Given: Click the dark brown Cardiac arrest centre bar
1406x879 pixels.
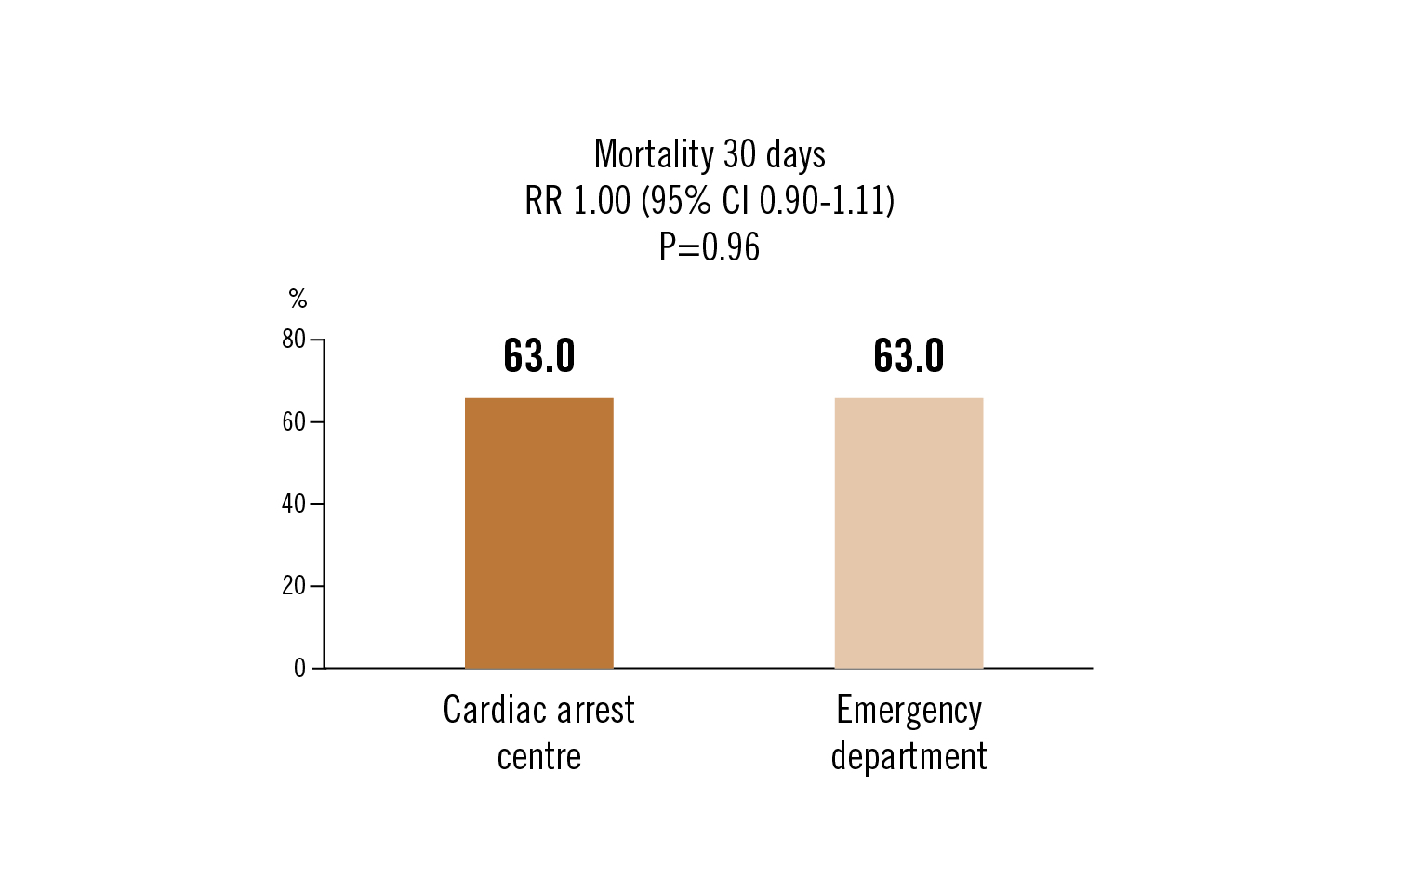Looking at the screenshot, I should pos(538,533).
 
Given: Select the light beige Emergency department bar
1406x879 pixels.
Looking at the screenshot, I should pos(909,533).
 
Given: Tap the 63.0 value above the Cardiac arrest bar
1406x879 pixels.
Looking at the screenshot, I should pos(539,356).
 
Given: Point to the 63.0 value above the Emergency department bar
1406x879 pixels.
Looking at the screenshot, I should pos(909,356).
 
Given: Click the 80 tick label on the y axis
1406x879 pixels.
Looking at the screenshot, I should pos(294,340).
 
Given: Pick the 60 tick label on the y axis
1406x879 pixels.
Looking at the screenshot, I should pos(294,422).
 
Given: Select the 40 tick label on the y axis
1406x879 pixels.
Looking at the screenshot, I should pos(294,504).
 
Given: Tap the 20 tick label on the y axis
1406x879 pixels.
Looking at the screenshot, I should pos(294,586).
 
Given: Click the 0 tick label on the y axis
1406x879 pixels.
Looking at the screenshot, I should pos(299,669).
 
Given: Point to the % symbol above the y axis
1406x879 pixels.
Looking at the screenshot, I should pos(298,299).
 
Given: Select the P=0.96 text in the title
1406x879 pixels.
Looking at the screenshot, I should pos(710,247).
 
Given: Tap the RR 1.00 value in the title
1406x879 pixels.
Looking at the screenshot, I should pos(577,201).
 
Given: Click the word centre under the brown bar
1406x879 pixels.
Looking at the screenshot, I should pos(539,756).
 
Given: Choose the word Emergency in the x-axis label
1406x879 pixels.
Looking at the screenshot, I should pos(909,712).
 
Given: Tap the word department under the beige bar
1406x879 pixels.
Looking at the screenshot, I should pos(909,756).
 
